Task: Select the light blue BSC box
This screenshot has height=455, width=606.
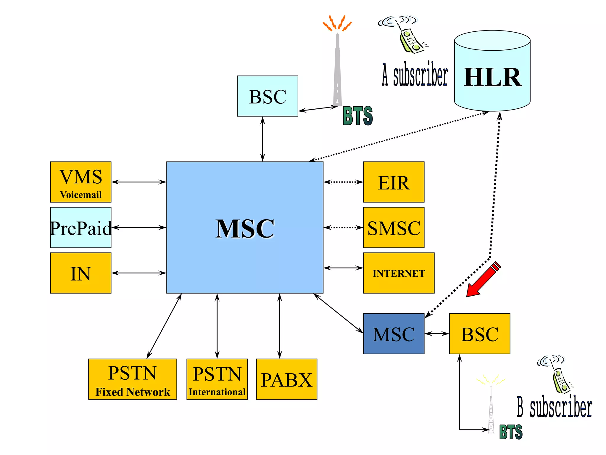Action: coord(267,96)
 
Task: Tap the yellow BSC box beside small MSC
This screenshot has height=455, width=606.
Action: coord(479,334)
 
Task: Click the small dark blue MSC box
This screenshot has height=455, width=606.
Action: coord(394,334)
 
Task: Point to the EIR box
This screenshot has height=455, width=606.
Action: coord(394,182)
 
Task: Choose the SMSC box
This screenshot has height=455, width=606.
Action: coord(394,227)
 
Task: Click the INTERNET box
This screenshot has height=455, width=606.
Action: coord(399,273)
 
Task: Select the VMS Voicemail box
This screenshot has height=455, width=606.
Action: coord(80,182)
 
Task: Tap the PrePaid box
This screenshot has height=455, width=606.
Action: coord(80,227)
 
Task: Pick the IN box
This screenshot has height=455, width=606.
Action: coord(80,273)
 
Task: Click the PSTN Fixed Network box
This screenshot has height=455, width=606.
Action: coord(132,379)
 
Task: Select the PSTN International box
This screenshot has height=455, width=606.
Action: coord(217,379)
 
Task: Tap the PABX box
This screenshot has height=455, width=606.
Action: coord(286,379)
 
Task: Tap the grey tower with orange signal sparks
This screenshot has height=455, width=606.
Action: coord(337,68)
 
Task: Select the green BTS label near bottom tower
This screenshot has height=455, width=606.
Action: coord(511,432)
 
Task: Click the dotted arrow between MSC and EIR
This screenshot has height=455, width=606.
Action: coord(343,182)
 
